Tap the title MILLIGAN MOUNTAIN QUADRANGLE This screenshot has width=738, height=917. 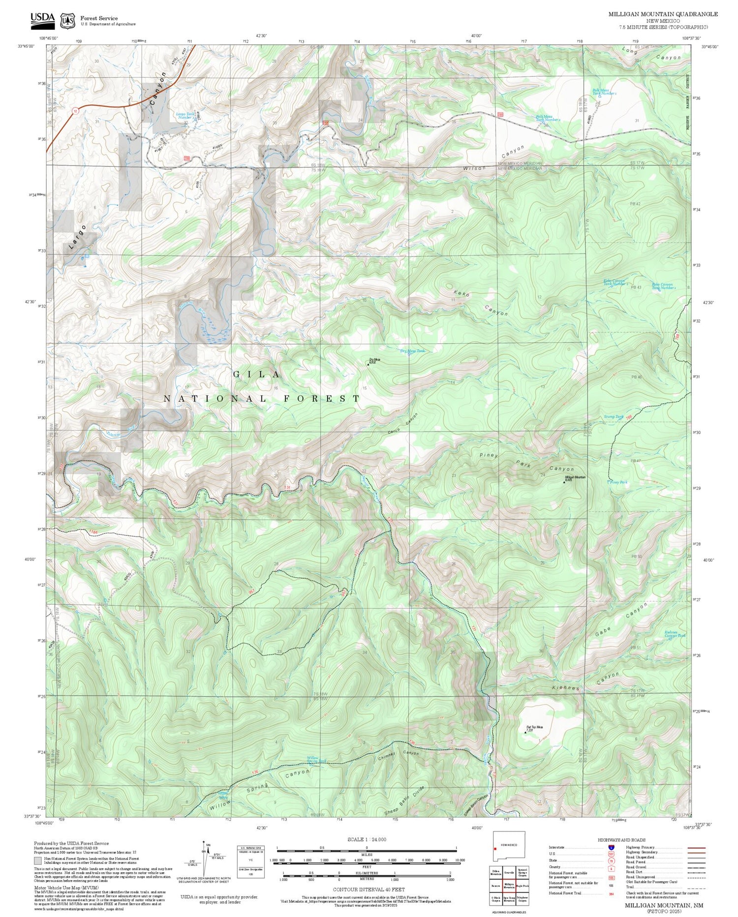coord(663,14)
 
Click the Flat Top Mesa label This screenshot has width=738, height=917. coord(534,728)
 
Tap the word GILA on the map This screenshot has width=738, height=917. coord(256,374)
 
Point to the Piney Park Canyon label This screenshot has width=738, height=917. coord(526,462)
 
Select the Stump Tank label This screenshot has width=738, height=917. coord(613,417)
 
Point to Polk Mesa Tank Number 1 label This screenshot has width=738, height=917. coord(604,92)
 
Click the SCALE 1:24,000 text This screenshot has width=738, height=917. coord(367,839)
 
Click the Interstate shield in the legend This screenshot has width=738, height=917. coord(611,848)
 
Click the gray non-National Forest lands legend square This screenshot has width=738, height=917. coord(37,861)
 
